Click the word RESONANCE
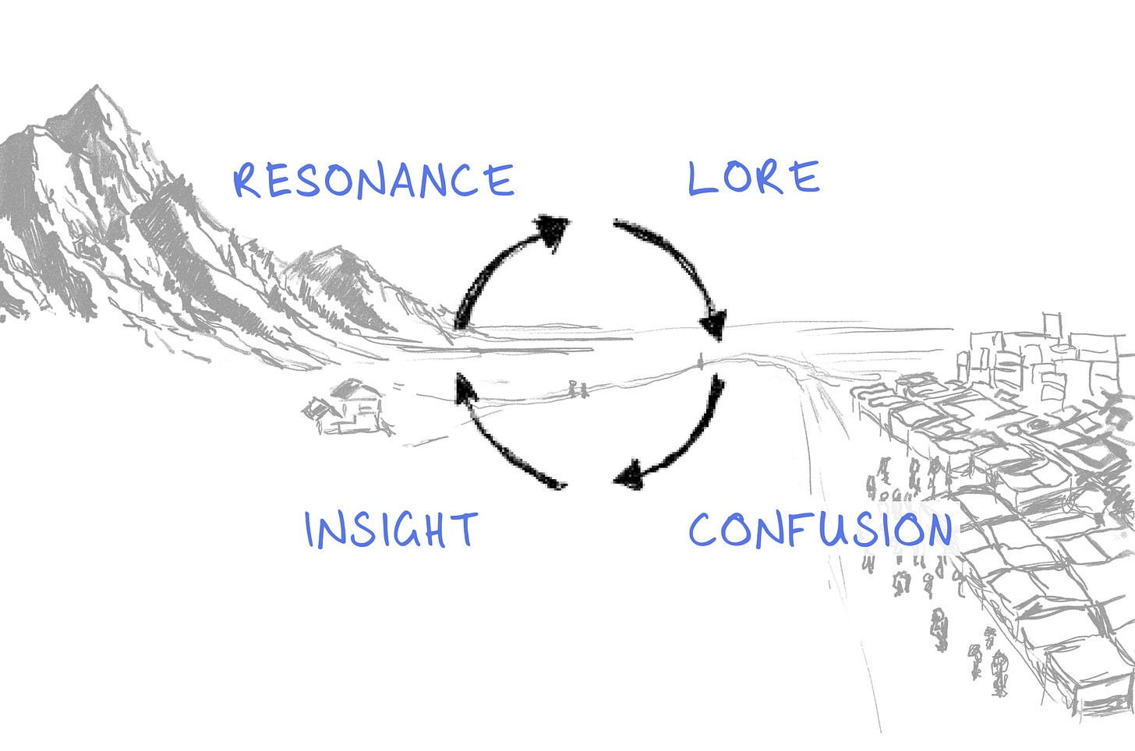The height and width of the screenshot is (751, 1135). pyautogui.click(x=374, y=180)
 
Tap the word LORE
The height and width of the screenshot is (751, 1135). pyautogui.click(x=753, y=178)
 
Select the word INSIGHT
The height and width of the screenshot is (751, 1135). pyautogui.click(x=391, y=530)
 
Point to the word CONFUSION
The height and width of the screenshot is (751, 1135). pyautogui.click(x=820, y=531)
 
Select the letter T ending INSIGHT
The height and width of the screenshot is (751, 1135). pyautogui.click(x=465, y=530)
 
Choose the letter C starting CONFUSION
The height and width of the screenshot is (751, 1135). pyautogui.click(x=705, y=531)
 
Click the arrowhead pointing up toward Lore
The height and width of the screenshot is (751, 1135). pyautogui.click(x=553, y=230)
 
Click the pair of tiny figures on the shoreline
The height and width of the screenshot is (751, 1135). pyautogui.click(x=578, y=390)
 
